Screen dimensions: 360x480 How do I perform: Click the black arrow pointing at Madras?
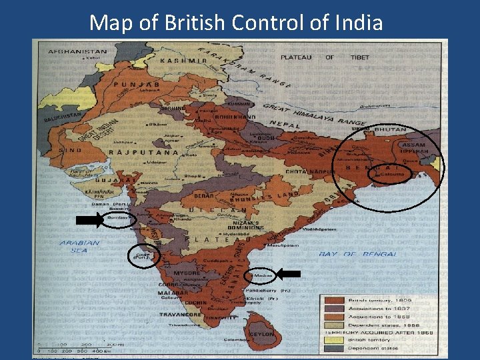[288, 273]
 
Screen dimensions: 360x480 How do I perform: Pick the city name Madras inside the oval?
[263, 275]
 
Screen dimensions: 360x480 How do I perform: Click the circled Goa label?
[142, 255]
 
